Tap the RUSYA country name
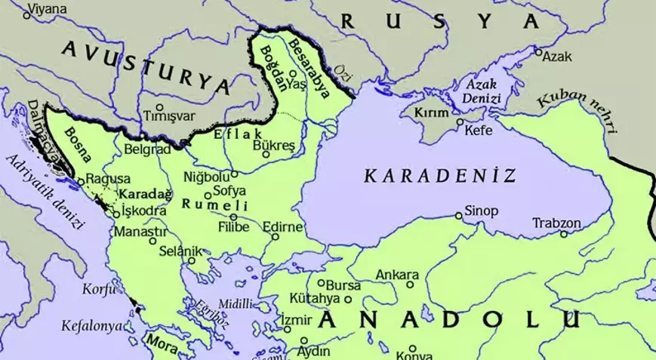(x=441, y=22)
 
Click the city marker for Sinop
(x=458, y=216)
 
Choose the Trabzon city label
(x=556, y=223)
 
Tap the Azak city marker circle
(x=538, y=52)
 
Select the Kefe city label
(x=479, y=131)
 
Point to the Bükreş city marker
(x=265, y=154)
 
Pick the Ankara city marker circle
(x=410, y=285)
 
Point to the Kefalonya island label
(x=91, y=326)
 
